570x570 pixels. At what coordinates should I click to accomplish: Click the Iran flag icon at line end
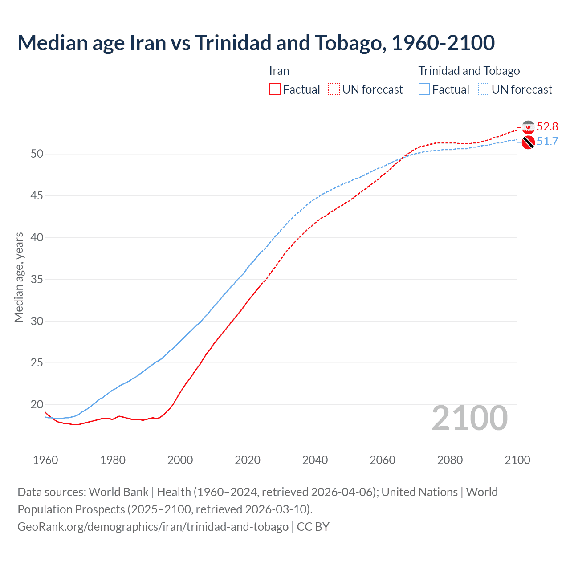(x=528, y=127)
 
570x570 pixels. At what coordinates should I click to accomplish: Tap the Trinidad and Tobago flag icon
(x=528, y=142)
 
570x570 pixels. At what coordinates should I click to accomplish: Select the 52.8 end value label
(x=547, y=127)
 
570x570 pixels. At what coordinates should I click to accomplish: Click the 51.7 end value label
(x=547, y=142)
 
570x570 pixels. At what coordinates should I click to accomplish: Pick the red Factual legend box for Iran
(x=275, y=89)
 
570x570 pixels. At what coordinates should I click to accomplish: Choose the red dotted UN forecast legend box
(x=334, y=89)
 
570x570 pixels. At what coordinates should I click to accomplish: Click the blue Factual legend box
(x=424, y=89)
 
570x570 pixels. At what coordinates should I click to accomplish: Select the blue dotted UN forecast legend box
(x=483, y=89)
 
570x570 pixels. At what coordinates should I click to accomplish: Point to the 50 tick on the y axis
(x=37, y=154)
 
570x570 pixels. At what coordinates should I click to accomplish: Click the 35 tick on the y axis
(x=37, y=280)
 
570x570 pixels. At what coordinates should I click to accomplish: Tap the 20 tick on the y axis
(x=37, y=405)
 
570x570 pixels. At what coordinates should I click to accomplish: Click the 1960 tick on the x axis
(x=45, y=460)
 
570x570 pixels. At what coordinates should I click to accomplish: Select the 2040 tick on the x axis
(x=315, y=460)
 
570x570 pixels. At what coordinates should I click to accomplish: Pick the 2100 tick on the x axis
(x=517, y=460)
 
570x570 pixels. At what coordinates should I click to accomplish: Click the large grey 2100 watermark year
(x=469, y=418)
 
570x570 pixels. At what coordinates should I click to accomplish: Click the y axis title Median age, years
(x=19, y=277)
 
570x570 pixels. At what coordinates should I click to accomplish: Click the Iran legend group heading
(x=279, y=71)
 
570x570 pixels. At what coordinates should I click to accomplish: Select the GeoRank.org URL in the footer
(x=153, y=526)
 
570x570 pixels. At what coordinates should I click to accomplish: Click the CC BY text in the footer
(x=313, y=526)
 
